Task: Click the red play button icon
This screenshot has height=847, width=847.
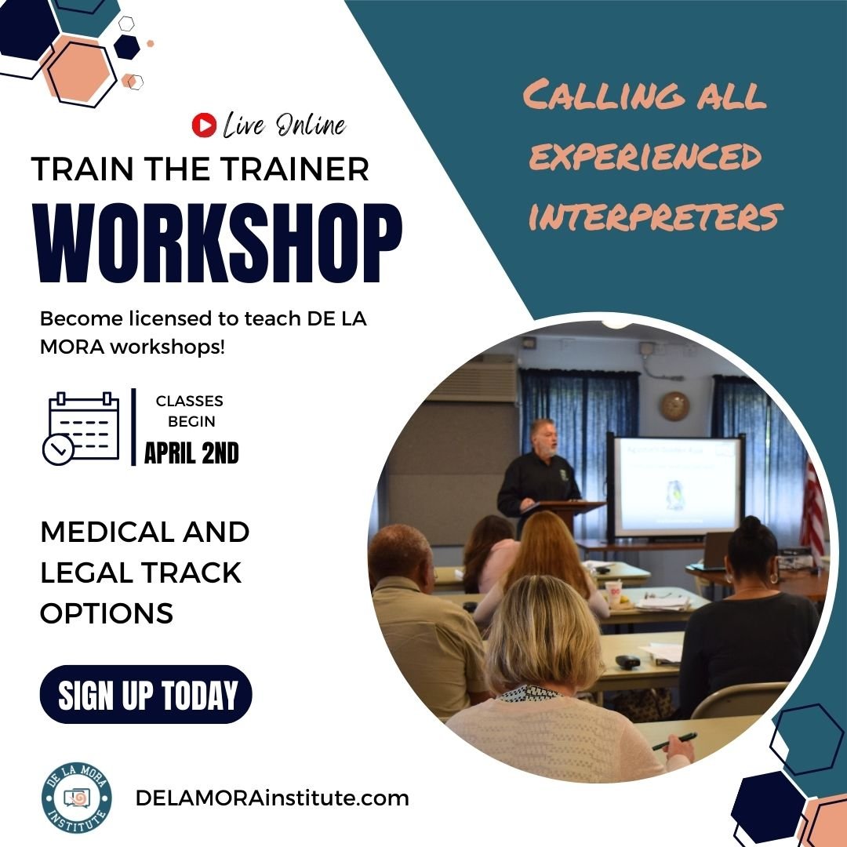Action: click(x=203, y=125)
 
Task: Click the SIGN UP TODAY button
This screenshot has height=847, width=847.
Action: click(x=146, y=694)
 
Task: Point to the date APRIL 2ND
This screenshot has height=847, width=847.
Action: click(x=191, y=453)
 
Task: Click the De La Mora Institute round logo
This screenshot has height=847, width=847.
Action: click(x=77, y=798)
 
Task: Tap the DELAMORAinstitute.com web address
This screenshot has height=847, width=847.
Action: click(x=272, y=798)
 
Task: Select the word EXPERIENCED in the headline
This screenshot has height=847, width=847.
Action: click(x=645, y=158)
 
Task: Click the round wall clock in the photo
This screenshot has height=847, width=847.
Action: click(x=674, y=405)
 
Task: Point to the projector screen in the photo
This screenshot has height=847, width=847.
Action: click(x=677, y=486)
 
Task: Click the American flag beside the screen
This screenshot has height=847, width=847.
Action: click(x=812, y=502)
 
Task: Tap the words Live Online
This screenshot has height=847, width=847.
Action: click(x=283, y=125)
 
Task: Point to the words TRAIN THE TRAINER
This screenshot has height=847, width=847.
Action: click(x=200, y=169)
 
